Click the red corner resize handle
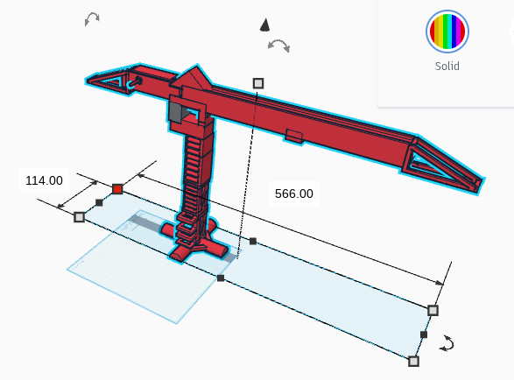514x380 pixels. (117, 189)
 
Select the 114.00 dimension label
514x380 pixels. (44, 180)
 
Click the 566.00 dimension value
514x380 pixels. (293, 194)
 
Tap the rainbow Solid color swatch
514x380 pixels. (447, 32)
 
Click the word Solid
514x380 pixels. (447, 66)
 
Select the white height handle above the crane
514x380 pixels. (258, 83)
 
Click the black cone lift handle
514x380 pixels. (264, 25)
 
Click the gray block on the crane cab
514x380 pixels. (175, 111)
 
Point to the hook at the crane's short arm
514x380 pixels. (134, 83)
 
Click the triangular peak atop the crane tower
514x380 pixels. (194, 76)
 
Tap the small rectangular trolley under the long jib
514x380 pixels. (293, 136)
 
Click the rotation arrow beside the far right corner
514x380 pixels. (447, 343)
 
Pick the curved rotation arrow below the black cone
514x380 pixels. (278, 45)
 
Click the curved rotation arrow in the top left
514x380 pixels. (92, 18)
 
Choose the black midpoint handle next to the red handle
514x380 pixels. (99, 202)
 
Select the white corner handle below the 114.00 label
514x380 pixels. (79, 217)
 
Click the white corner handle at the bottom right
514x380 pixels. (413, 362)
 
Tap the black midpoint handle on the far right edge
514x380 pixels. (424, 334)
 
